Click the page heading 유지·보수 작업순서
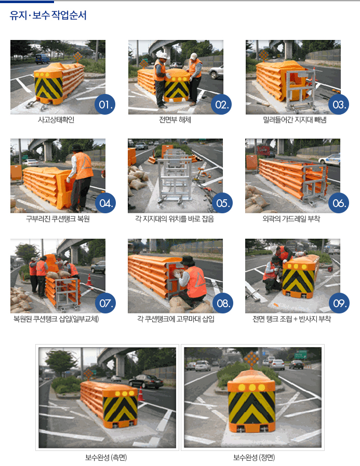48,15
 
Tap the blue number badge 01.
105,104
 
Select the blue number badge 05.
222,203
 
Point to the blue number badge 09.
339,303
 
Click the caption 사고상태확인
56,120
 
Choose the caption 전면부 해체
175,120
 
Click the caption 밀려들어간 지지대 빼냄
295,120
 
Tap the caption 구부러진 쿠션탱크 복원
58,219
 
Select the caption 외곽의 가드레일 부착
291,219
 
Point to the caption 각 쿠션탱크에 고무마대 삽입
176,319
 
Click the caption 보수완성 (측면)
106,457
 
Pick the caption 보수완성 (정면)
254,457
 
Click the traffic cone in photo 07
89,280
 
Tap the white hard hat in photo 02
162,56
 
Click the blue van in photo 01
42,59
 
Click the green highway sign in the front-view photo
300,354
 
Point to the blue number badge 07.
105,303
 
